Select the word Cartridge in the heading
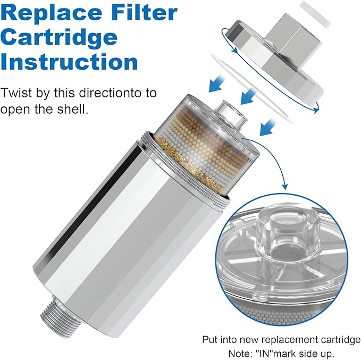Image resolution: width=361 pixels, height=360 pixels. coord(59,37)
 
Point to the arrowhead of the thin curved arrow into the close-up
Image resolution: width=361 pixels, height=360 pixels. coord(284,187)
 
